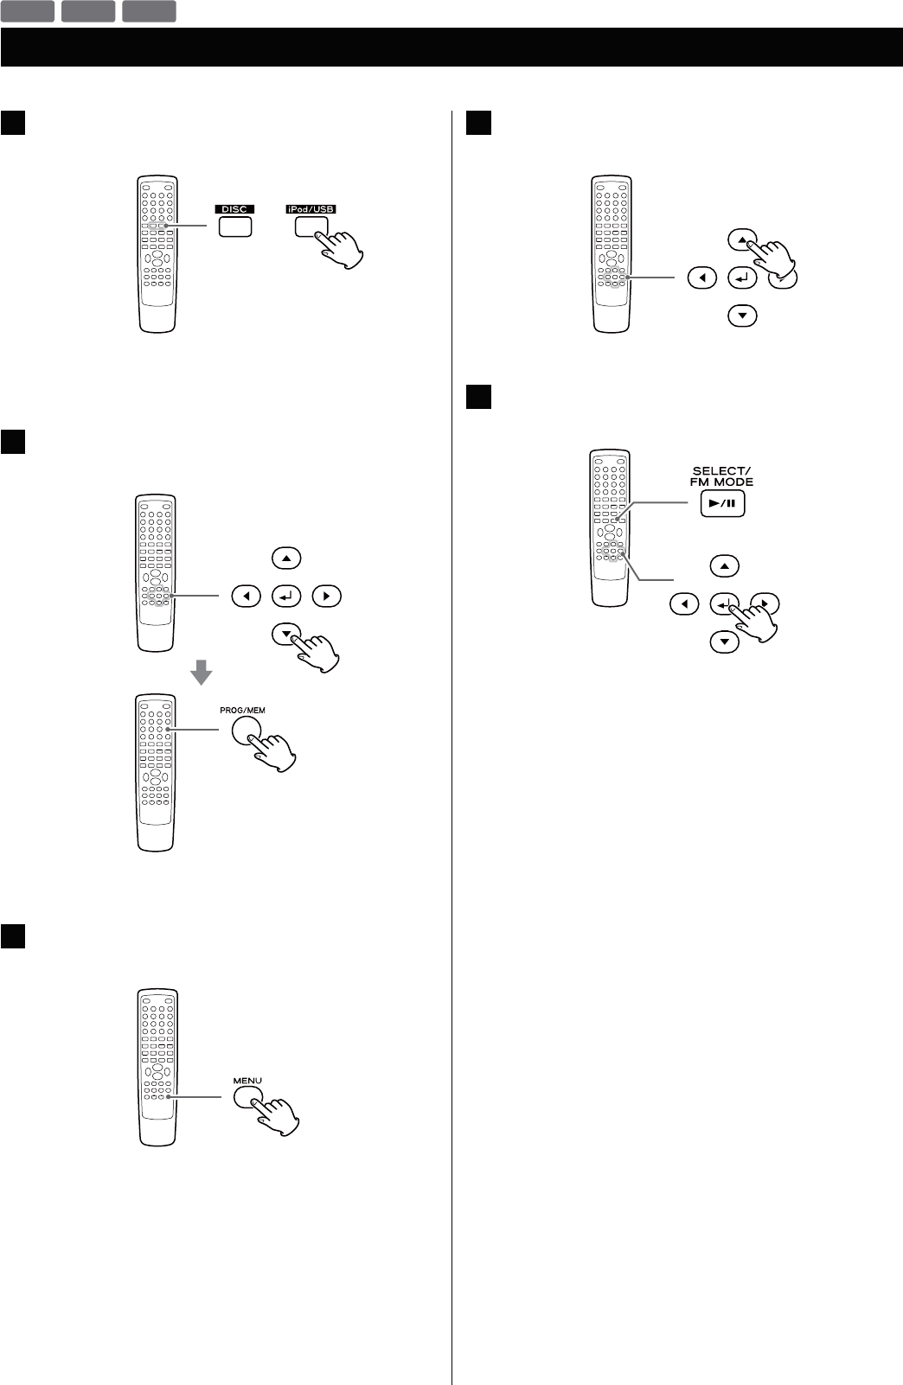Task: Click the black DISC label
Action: (x=234, y=209)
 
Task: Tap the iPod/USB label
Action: (x=311, y=209)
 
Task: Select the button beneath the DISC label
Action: (x=234, y=227)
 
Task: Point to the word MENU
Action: (x=247, y=1081)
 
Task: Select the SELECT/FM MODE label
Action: (x=721, y=476)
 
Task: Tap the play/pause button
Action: (x=722, y=504)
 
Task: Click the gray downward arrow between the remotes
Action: (x=200, y=671)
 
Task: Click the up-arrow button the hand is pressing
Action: (x=741, y=239)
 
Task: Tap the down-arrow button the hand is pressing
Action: (x=285, y=634)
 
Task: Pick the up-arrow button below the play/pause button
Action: (x=724, y=566)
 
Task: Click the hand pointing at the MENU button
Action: (x=278, y=1115)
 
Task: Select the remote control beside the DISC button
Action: (x=157, y=254)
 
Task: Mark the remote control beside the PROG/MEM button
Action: (x=156, y=771)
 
